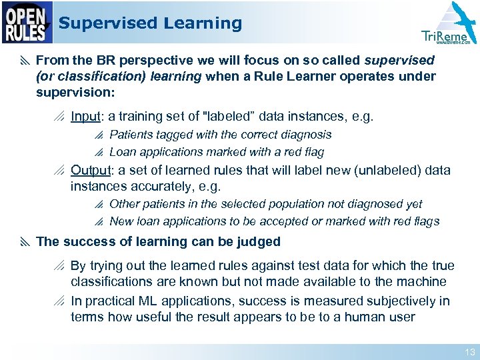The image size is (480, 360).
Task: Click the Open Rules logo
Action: [x=27, y=23]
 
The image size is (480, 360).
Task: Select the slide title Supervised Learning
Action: [x=150, y=23]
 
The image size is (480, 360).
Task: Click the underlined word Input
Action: [x=85, y=116]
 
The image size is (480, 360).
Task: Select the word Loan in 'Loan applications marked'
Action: [x=122, y=151]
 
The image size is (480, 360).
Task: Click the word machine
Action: [x=422, y=282]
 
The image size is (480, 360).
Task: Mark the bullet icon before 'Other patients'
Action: [x=99, y=205]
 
